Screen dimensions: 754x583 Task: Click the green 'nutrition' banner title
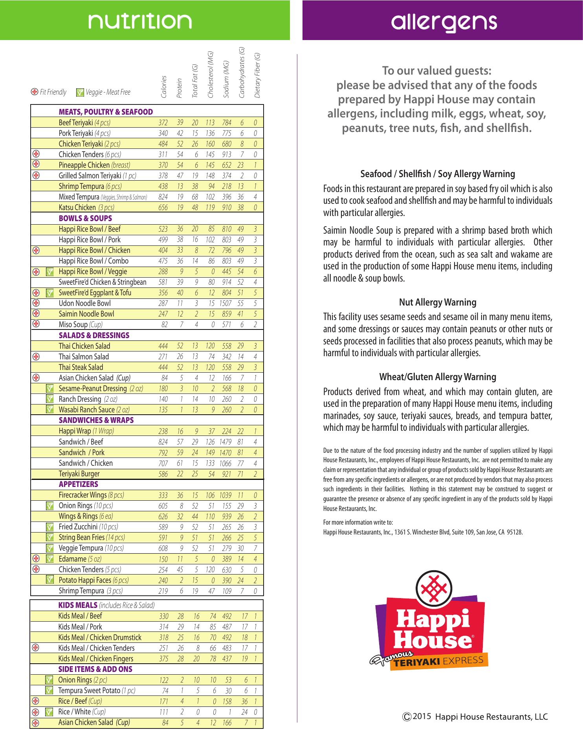(x=140, y=21)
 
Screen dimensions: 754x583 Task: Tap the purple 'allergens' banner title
(x=444, y=22)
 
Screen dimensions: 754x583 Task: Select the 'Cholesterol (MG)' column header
(x=210, y=75)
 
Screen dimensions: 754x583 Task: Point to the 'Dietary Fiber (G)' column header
(x=257, y=75)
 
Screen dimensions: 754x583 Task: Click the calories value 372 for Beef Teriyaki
(x=163, y=123)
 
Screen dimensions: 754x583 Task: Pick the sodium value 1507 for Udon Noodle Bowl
(x=225, y=304)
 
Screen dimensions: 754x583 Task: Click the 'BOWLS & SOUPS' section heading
(x=85, y=218)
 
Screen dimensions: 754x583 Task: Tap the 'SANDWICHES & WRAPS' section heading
(x=96, y=420)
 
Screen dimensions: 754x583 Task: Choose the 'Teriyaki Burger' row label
(x=79, y=474)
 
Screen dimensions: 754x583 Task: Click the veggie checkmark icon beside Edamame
(x=49, y=559)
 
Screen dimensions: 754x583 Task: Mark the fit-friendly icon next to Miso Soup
(x=36, y=324)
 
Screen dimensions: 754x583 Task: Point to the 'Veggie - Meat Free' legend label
(x=108, y=92)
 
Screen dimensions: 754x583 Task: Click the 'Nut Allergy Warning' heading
(x=438, y=302)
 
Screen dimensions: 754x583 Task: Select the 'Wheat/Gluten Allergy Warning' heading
(x=438, y=377)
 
